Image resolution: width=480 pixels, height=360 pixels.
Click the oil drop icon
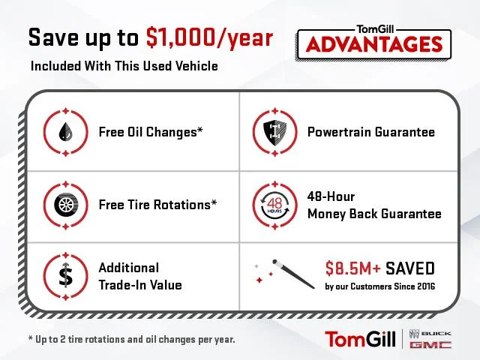pyautogui.click(x=65, y=132)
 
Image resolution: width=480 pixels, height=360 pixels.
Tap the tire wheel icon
pyautogui.click(x=66, y=204)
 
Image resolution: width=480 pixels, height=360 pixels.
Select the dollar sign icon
pyautogui.click(x=66, y=275)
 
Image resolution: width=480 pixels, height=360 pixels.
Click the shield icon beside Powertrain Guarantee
pyautogui.click(x=275, y=132)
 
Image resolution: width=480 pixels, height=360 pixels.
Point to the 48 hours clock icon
pyautogui.click(x=274, y=205)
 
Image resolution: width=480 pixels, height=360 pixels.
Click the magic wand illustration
pyautogui.click(x=293, y=274)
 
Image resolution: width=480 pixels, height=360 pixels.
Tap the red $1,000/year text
pyautogui.click(x=209, y=37)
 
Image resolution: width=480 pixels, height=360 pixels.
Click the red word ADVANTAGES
pyautogui.click(x=374, y=44)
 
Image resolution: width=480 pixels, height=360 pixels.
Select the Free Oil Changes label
pyautogui.click(x=151, y=132)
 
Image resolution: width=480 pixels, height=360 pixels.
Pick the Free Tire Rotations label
pyautogui.click(x=157, y=205)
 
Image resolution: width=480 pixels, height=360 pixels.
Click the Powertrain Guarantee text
pyautogui.click(x=371, y=132)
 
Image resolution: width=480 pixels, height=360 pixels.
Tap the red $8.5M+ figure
pyautogui.click(x=353, y=268)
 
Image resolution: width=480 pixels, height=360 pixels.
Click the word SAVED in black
pyautogui.click(x=410, y=268)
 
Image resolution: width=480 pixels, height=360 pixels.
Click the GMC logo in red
pyautogui.click(x=430, y=345)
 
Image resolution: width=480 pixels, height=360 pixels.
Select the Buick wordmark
pyautogui.click(x=436, y=333)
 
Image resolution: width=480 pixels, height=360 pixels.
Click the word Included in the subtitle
pyautogui.click(x=56, y=66)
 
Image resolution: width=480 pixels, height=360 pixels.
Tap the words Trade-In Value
pyautogui.click(x=140, y=285)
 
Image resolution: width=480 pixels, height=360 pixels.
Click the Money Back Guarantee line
pyautogui.click(x=374, y=214)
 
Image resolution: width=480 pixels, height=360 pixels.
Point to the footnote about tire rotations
pyautogui.click(x=132, y=339)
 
